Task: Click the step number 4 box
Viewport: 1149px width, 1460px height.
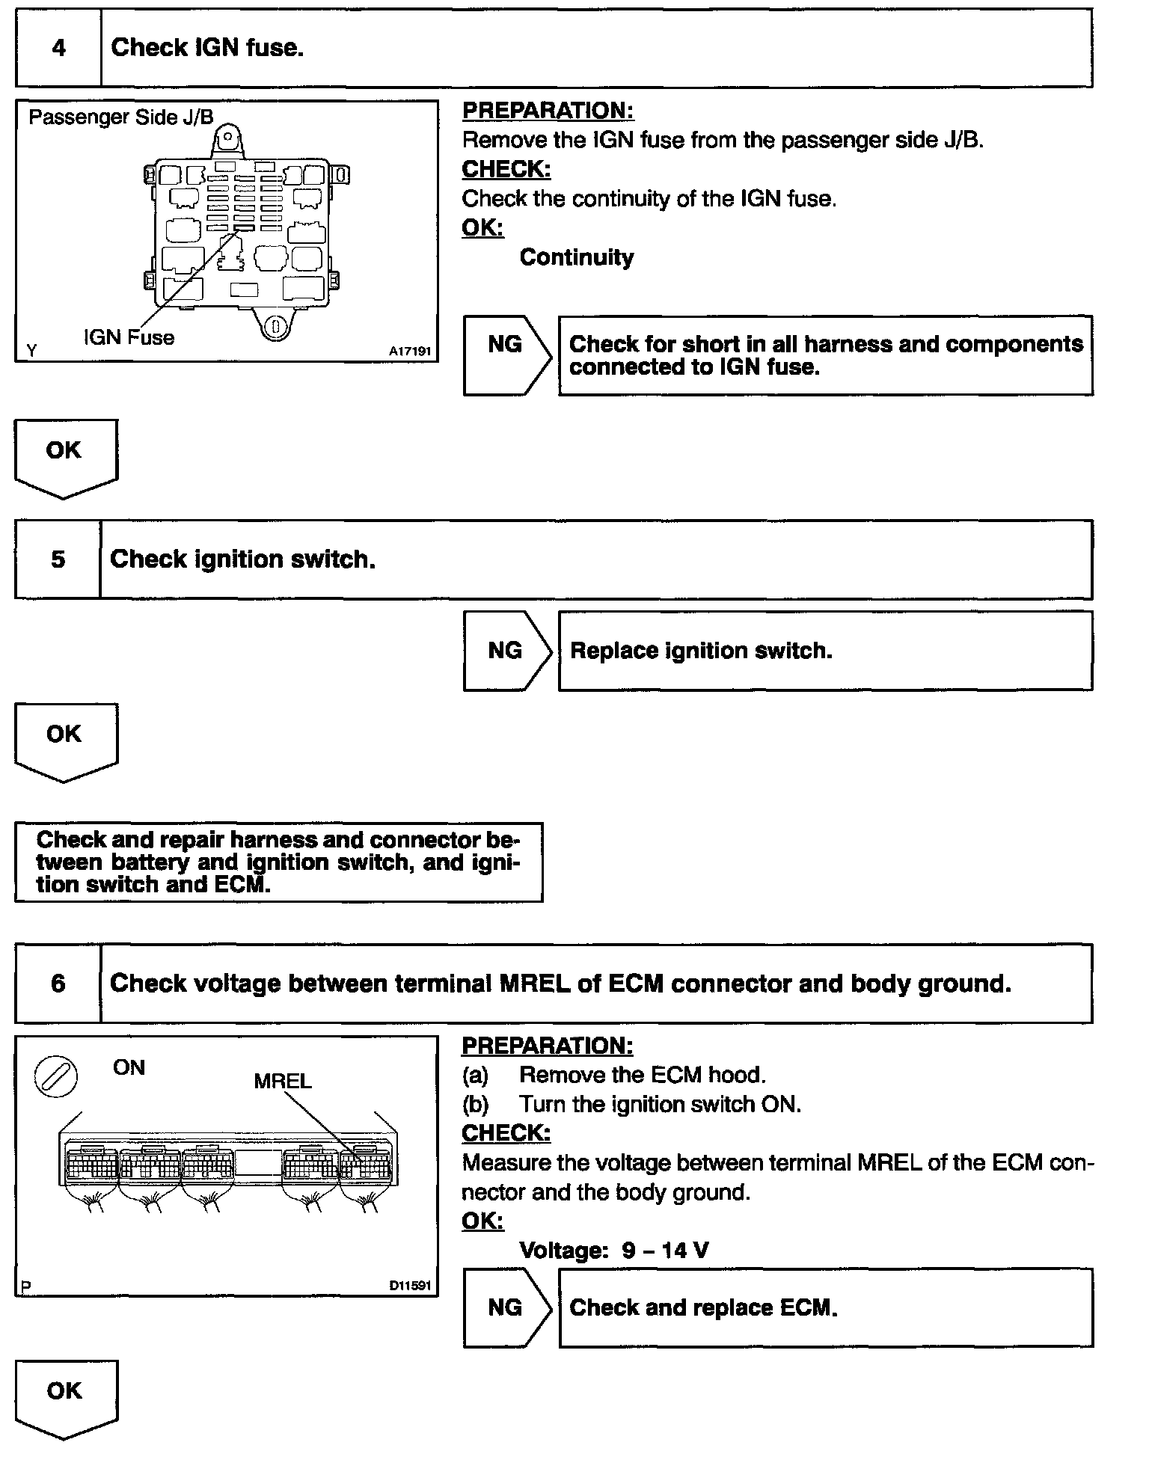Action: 58,48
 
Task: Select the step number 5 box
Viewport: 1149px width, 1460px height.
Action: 58,559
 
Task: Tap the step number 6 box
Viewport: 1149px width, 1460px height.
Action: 58,983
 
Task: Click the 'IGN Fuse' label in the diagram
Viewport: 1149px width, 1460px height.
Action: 129,337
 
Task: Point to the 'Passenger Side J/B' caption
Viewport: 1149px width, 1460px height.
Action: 120,117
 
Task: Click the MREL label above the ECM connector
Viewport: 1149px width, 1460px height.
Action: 282,1081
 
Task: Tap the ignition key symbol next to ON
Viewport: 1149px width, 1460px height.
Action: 56,1079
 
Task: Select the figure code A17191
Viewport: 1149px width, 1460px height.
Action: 410,351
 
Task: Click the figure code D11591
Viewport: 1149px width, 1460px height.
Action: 410,1286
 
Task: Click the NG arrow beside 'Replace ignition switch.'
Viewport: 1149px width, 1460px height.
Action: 506,651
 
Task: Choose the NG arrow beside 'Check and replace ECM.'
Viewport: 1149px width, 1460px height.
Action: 506,1307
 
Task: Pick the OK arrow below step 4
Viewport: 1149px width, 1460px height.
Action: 65,457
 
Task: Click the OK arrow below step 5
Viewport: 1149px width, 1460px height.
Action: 65,740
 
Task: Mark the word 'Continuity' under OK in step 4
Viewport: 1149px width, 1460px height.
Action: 576,257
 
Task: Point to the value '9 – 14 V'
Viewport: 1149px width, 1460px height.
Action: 665,1250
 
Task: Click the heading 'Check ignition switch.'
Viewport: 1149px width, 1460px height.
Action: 242,559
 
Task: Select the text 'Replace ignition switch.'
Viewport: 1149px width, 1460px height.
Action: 701,651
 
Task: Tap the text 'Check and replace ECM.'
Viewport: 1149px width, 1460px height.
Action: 703,1307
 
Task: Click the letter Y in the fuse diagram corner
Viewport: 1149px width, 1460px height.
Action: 31,350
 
